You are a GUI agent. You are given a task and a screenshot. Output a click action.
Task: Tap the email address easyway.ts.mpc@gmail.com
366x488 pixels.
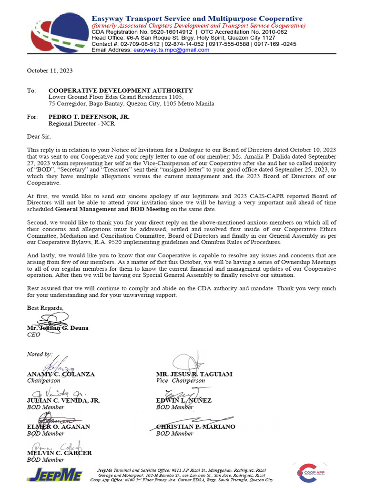coord(171,50)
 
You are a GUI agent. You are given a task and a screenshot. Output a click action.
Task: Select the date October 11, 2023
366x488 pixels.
coord(50,71)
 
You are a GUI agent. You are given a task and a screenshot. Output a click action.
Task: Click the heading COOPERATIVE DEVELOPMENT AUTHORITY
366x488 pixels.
coord(121,91)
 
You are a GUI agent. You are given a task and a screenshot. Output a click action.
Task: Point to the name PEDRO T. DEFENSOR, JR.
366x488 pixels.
coord(89,117)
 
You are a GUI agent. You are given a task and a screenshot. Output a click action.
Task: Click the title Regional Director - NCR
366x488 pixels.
coord(81,123)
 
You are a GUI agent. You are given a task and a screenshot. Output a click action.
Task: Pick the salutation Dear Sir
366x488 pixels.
coord(39,136)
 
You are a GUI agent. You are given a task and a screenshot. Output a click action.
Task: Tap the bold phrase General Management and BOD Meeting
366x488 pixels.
coord(112,209)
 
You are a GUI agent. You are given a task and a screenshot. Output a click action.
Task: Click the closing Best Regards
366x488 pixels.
coord(45,308)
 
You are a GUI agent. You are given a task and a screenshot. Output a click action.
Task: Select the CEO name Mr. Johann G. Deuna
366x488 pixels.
coord(58,328)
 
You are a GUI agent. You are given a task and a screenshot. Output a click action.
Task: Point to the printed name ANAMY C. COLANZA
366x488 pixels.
coord(61,374)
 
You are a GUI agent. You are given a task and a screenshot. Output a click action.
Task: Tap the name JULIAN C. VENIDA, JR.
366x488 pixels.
coord(63,401)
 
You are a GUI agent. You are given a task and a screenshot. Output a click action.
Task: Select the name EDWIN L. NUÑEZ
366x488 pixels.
coord(184,401)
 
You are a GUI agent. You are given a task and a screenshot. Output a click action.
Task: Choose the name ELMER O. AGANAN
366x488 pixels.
coord(59,427)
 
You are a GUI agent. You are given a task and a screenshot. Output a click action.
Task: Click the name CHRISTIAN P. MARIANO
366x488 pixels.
coord(195,427)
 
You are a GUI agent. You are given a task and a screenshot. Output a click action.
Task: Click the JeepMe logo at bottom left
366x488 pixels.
coord(54,474)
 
